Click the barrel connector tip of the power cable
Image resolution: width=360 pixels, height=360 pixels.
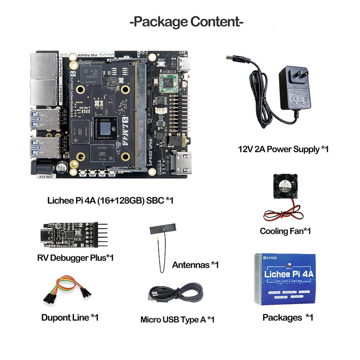coord(234,60)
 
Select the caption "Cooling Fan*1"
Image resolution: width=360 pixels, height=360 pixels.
coord(285,231)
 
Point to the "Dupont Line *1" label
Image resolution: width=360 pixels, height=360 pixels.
coord(70,317)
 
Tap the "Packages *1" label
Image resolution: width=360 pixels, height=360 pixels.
coord(288,317)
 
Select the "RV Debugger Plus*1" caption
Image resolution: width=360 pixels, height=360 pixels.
coord(75,258)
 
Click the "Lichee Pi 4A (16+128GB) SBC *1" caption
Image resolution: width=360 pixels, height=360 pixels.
coord(110,200)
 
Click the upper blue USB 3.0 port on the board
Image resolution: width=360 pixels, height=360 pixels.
coord(45,119)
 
